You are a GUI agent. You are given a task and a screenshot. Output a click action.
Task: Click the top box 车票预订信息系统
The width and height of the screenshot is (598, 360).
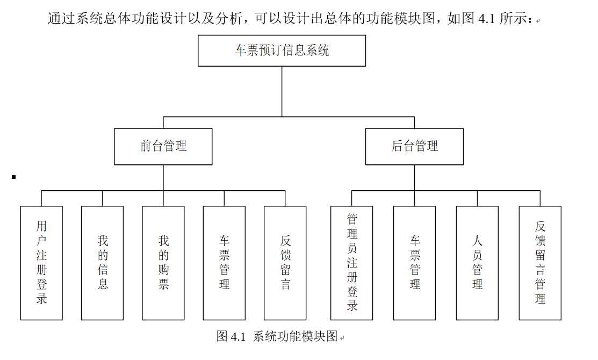282,51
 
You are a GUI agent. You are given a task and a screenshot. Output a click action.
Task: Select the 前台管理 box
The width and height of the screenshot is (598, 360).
163,147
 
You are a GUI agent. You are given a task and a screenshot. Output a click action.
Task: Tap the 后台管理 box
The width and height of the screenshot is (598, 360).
415,147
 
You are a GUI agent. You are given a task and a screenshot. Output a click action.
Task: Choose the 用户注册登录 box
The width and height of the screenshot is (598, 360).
41,263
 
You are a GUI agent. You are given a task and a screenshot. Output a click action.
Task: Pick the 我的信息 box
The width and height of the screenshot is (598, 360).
102,263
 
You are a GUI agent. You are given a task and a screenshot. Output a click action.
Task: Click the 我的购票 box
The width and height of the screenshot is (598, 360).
163,263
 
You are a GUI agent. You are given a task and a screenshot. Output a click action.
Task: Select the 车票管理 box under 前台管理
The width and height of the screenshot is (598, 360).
224,263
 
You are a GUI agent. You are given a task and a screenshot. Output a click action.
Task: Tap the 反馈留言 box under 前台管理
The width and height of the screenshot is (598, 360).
285,263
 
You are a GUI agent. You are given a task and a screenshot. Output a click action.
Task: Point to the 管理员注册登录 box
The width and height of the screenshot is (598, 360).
351,263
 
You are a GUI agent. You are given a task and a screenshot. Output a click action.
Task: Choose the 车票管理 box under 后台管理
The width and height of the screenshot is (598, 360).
415,263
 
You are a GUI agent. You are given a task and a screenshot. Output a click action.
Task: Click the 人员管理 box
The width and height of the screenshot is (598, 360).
477,263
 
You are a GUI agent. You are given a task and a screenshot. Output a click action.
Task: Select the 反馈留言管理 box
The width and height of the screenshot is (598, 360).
540,263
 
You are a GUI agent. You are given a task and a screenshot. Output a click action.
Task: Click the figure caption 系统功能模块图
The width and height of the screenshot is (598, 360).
296,336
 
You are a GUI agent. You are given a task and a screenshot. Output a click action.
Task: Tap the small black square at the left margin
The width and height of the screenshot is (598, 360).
14,177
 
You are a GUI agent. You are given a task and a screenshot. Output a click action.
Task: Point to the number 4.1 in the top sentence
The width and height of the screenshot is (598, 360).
487,18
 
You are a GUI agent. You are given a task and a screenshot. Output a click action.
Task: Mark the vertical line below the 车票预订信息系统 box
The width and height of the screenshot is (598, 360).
282,91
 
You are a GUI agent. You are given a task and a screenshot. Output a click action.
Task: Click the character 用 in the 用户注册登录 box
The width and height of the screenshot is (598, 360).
41,226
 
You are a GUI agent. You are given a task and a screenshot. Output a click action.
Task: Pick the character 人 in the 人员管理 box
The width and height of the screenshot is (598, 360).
477,241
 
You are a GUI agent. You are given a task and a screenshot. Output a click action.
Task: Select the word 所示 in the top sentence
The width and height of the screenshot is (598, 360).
514,18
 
